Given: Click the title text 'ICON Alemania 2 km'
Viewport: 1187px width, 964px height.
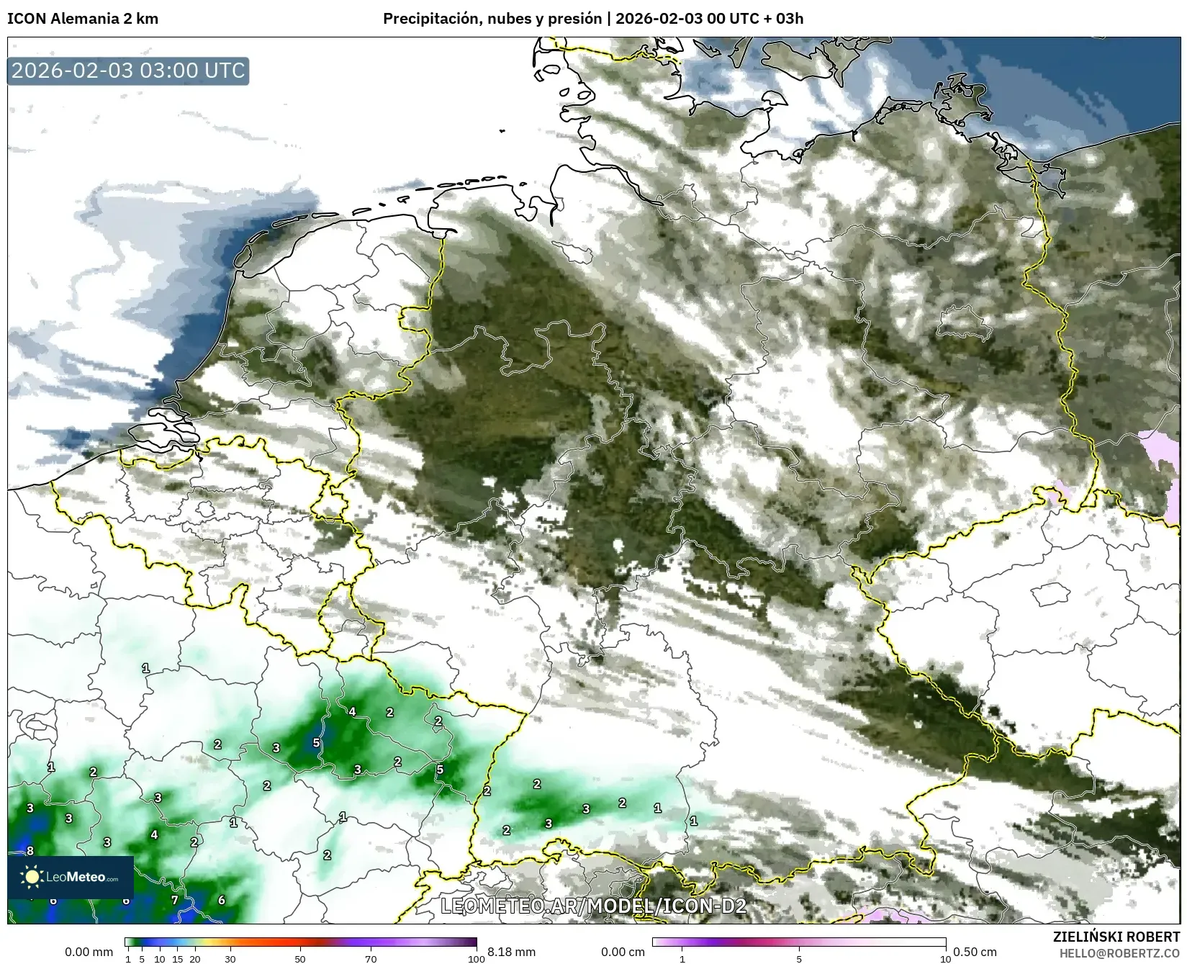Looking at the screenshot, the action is tap(83, 19).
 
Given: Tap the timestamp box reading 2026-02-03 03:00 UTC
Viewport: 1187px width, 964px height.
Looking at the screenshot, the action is tap(128, 71).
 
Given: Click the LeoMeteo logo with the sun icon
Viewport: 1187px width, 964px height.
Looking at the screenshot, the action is tap(71, 877).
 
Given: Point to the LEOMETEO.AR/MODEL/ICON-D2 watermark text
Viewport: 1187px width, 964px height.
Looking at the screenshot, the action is tap(593, 906).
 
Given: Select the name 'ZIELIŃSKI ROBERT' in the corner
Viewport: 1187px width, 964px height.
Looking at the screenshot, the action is tap(1116, 937).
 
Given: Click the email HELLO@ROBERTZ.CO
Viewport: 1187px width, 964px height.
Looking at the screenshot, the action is tap(1123, 952).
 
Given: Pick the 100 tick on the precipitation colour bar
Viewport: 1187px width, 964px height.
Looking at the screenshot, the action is tap(476, 958).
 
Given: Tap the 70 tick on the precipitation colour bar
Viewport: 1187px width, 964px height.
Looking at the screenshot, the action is tap(371, 958).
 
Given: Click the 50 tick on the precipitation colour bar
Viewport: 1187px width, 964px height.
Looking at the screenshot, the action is tap(300, 958).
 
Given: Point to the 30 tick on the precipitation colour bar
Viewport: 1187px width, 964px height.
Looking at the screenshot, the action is tap(230, 958).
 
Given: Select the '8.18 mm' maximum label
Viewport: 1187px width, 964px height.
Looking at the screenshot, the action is tap(511, 952).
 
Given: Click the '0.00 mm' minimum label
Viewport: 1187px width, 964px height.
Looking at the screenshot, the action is tap(89, 952).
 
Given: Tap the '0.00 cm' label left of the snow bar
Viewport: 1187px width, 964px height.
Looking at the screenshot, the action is tap(623, 952).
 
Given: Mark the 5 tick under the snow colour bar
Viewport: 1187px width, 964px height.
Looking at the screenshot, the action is tap(799, 958).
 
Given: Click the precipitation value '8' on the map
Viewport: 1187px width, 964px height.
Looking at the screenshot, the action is tap(30, 851).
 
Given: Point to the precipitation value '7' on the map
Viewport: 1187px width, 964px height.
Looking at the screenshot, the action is tap(174, 900).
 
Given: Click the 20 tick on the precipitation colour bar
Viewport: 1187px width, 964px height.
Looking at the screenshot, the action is tap(194, 958).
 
